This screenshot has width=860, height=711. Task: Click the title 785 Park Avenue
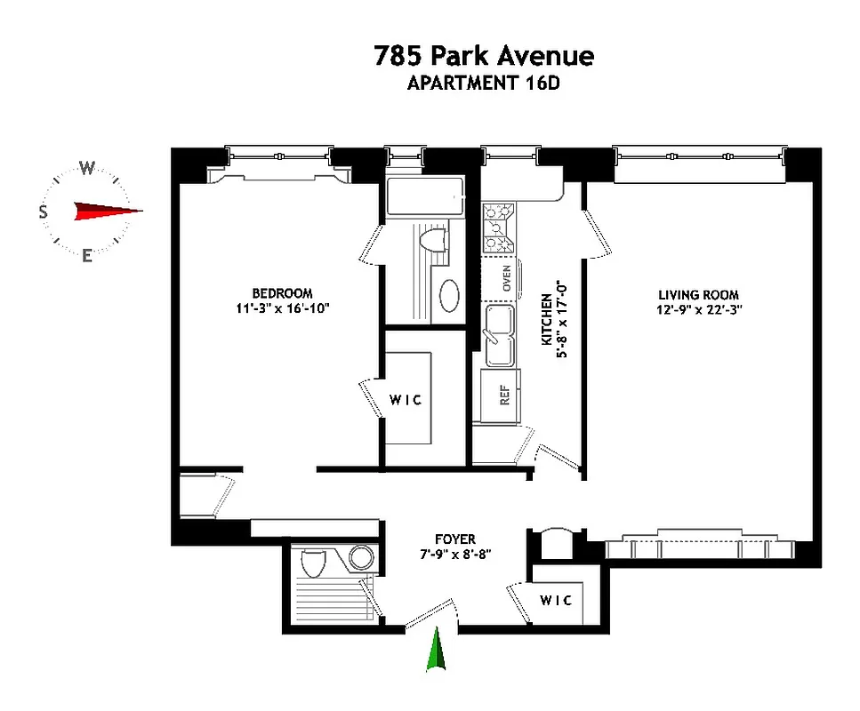(483, 56)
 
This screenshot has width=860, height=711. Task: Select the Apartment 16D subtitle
(483, 84)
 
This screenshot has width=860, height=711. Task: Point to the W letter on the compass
(87, 167)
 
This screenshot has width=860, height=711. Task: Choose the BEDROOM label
(282, 293)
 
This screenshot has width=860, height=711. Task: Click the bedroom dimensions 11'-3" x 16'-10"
(282, 308)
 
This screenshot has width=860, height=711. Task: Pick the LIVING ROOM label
(698, 295)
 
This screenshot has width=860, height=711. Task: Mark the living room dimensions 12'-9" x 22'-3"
(698, 310)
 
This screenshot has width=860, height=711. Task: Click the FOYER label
(454, 539)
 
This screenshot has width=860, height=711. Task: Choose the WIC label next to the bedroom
(406, 400)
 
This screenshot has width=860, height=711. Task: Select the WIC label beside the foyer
(557, 600)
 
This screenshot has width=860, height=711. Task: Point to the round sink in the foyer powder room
(361, 557)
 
